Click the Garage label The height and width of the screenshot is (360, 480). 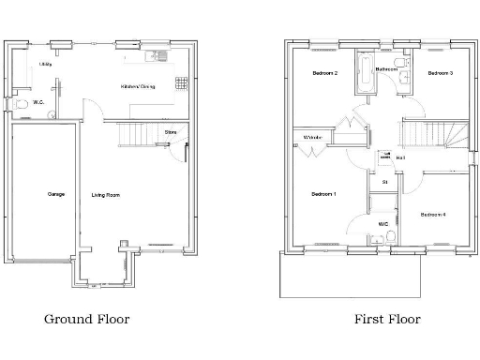pyautogui.click(x=44, y=195)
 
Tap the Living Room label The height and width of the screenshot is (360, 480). pyautogui.click(x=105, y=195)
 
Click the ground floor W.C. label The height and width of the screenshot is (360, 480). pyautogui.click(x=38, y=102)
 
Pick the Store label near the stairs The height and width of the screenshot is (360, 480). pyautogui.click(x=170, y=132)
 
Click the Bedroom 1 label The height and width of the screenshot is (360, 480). pyautogui.click(x=323, y=194)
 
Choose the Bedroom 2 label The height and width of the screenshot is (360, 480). pyautogui.click(x=324, y=72)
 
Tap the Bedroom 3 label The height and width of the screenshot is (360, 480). pyautogui.click(x=441, y=72)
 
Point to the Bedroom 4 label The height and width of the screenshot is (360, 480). pyautogui.click(x=432, y=215)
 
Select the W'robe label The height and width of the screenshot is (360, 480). pyautogui.click(x=312, y=139)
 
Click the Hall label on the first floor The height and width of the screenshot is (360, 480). pyautogui.click(x=400, y=157)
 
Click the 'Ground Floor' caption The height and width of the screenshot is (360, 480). pyautogui.click(x=86, y=319)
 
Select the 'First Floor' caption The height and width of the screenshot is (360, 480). pyautogui.click(x=387, y=319)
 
